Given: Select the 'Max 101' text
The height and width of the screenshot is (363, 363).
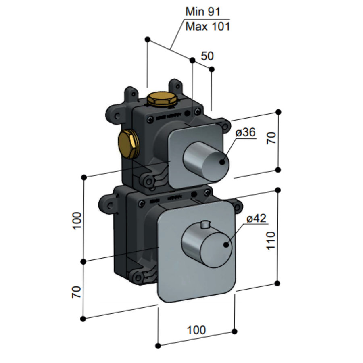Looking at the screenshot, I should point(207,27).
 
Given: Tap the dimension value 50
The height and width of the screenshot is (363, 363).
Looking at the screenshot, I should point(207,56).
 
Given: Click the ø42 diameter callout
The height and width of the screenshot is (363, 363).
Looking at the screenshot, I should point(256,219).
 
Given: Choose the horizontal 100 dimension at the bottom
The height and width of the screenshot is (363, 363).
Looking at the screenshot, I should point(196,330).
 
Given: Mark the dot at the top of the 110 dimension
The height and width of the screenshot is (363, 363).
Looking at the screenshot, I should point(278,190).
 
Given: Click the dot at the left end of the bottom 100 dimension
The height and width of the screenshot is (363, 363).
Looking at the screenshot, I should point(159,346).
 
